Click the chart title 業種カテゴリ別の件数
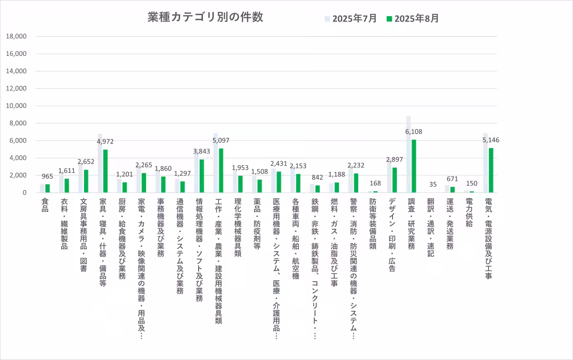tap(205, 17)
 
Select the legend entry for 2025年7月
tap(351, 19)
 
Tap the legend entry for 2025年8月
tap(413, 19)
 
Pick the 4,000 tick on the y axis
tap(18, 158)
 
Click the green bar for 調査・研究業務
tap(414, 166)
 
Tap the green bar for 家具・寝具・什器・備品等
tap(105, 171)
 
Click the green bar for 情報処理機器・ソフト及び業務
tap(202, 176)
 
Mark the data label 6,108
tap(414, 132)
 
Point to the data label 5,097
tap(221, 141)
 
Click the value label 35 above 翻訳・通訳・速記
tap(433, 184)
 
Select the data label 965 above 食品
tap(46, 177)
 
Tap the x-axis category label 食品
tap(45, 206)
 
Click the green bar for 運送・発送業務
tap(452, 190)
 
